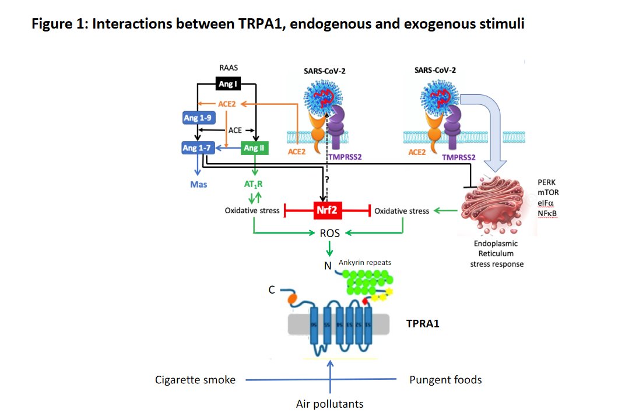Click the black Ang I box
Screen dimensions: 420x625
[227, 84]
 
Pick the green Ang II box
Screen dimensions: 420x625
[255, 148]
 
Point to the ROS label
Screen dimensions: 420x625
[329, 234]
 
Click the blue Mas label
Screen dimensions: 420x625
[199, 185]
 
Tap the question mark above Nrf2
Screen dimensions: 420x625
[328, 180]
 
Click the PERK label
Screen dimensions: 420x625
[548, 182]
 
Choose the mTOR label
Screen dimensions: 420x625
[549, 192]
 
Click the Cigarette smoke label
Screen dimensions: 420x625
[195, 380]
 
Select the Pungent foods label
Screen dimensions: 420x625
[446, 380]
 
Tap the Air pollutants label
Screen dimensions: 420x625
[331, 404]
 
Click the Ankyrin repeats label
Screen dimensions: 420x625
[365, 262]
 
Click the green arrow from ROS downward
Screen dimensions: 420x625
[329, 249]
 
